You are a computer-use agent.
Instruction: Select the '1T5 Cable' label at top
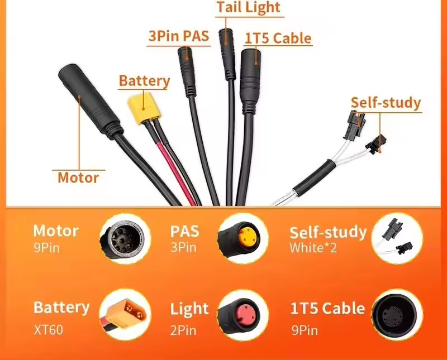click(x=278, y=38)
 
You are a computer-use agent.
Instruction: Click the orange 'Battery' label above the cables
click(x=144, y=81)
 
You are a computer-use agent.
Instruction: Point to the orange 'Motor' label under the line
click(x=78, y=178)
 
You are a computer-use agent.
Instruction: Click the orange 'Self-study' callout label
click(x=386, y=103)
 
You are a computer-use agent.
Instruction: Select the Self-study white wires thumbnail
click(x=397, y=239)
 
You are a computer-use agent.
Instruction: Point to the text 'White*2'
click(x=313, y=247)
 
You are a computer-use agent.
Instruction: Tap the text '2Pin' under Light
click(x=183, y=330)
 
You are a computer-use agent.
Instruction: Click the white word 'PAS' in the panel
click(x=184, y=230)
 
